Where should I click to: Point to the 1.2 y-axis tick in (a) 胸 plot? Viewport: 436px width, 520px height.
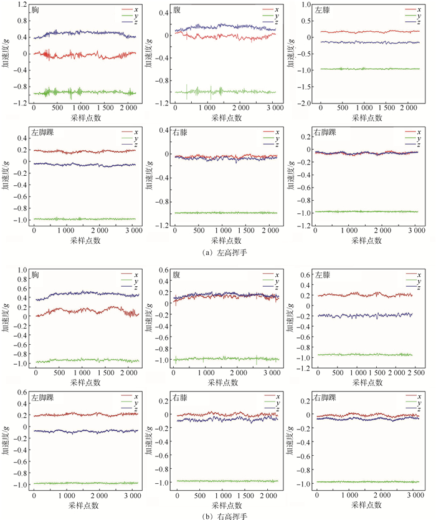tap(22, 5)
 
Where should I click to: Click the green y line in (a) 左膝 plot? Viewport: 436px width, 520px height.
tap(361, 69)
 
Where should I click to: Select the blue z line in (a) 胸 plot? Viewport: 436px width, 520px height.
tap(81, 32)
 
